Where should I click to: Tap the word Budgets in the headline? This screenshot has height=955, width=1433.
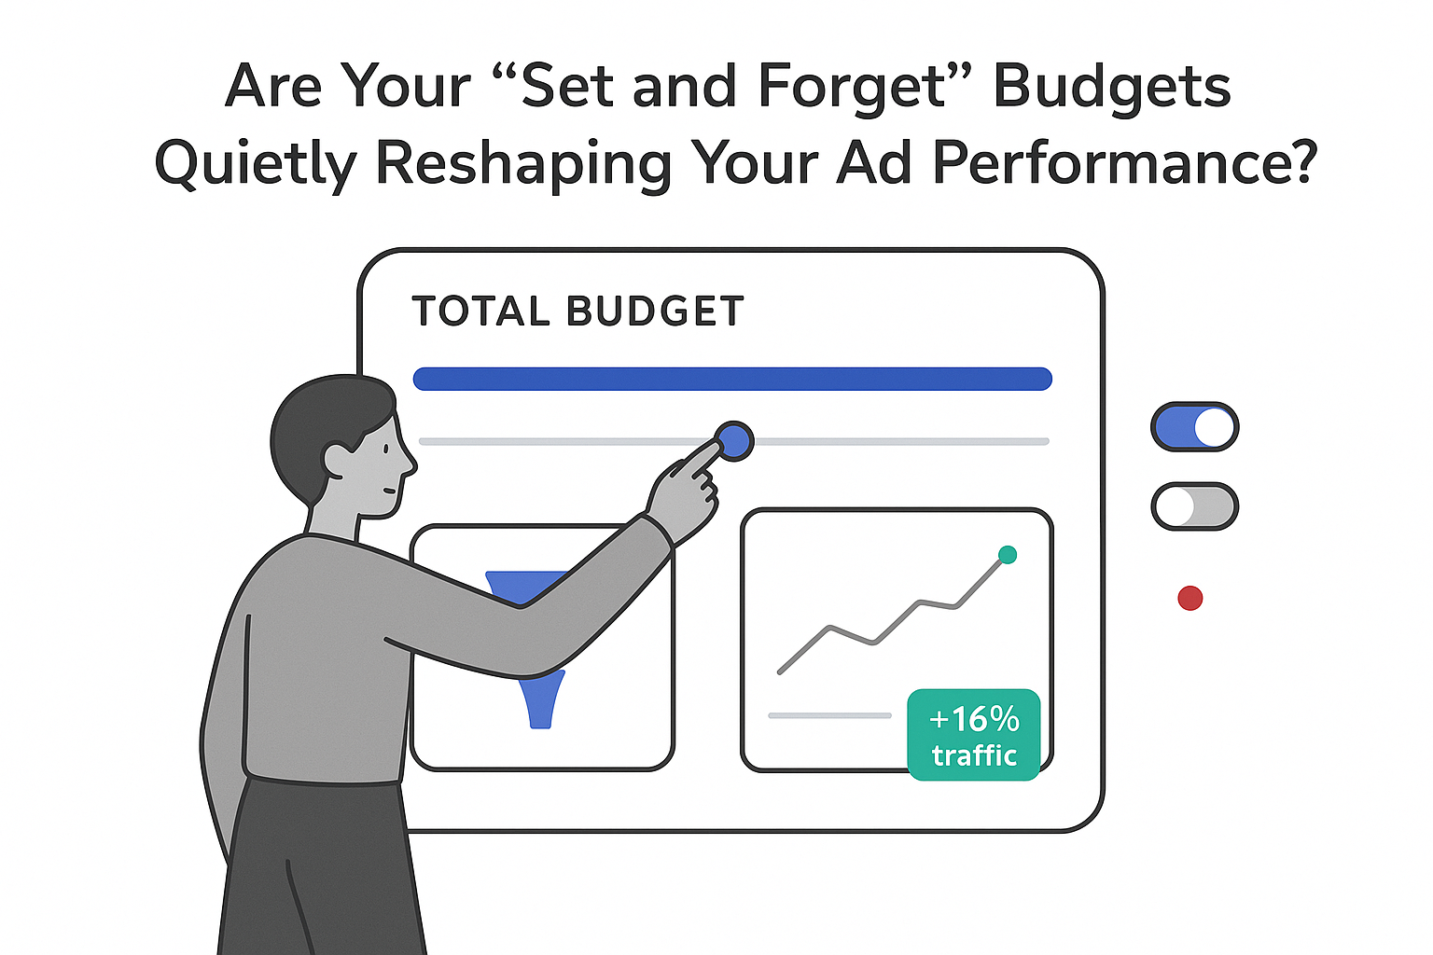coord(1111,88)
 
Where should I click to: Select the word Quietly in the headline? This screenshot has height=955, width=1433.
coord(255,164)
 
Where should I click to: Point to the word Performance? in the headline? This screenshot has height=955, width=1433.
coord(1124,164)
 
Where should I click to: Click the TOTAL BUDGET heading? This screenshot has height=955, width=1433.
coord(578,311)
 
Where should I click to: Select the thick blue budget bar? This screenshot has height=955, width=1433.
coord(732,379)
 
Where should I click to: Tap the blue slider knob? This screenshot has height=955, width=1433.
coord(734,441)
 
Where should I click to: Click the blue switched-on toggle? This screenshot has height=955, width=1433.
coord(1194,427)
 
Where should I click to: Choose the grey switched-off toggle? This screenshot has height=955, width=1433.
coord(1194,507)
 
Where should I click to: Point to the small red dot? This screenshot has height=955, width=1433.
coord(1190,598)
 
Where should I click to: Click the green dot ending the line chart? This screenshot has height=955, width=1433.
coord(1008,555)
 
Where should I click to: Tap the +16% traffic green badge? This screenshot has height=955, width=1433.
coord(974,735)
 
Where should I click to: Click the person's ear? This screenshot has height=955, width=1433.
coord(335,458)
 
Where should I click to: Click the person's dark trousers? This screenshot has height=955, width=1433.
coord(317,867)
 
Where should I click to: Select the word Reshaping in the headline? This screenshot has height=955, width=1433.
coord(522,164)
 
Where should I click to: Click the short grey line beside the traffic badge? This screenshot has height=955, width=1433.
coord(829,715)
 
